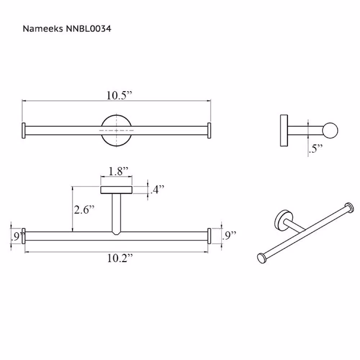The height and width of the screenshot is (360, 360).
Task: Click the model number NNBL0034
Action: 89,29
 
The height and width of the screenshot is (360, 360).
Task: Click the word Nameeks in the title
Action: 43,29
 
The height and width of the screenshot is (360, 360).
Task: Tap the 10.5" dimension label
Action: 119,95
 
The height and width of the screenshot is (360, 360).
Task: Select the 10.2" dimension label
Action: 120,258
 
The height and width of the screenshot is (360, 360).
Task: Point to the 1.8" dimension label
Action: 118,171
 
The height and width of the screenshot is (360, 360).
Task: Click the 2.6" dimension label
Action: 84,210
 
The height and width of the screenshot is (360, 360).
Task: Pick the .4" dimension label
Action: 158,189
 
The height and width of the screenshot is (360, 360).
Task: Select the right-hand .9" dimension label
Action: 229,235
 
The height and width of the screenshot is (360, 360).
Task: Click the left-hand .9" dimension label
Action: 18,237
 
